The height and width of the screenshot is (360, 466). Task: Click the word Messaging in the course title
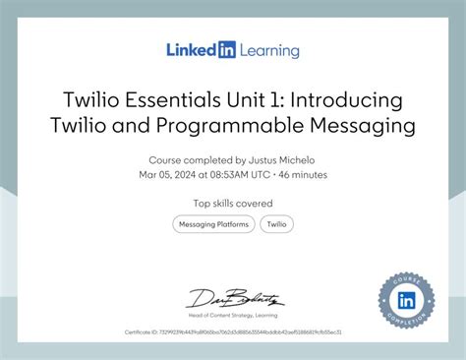(352, 126)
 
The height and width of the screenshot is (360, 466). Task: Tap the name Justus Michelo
(289, 159)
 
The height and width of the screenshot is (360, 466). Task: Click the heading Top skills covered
(233, 204)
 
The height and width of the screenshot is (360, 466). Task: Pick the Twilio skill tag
(277, 224)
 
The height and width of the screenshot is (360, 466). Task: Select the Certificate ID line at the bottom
(233, 331)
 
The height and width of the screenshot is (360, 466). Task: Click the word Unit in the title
(260, 102)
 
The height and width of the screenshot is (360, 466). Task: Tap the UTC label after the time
(261, 174)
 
